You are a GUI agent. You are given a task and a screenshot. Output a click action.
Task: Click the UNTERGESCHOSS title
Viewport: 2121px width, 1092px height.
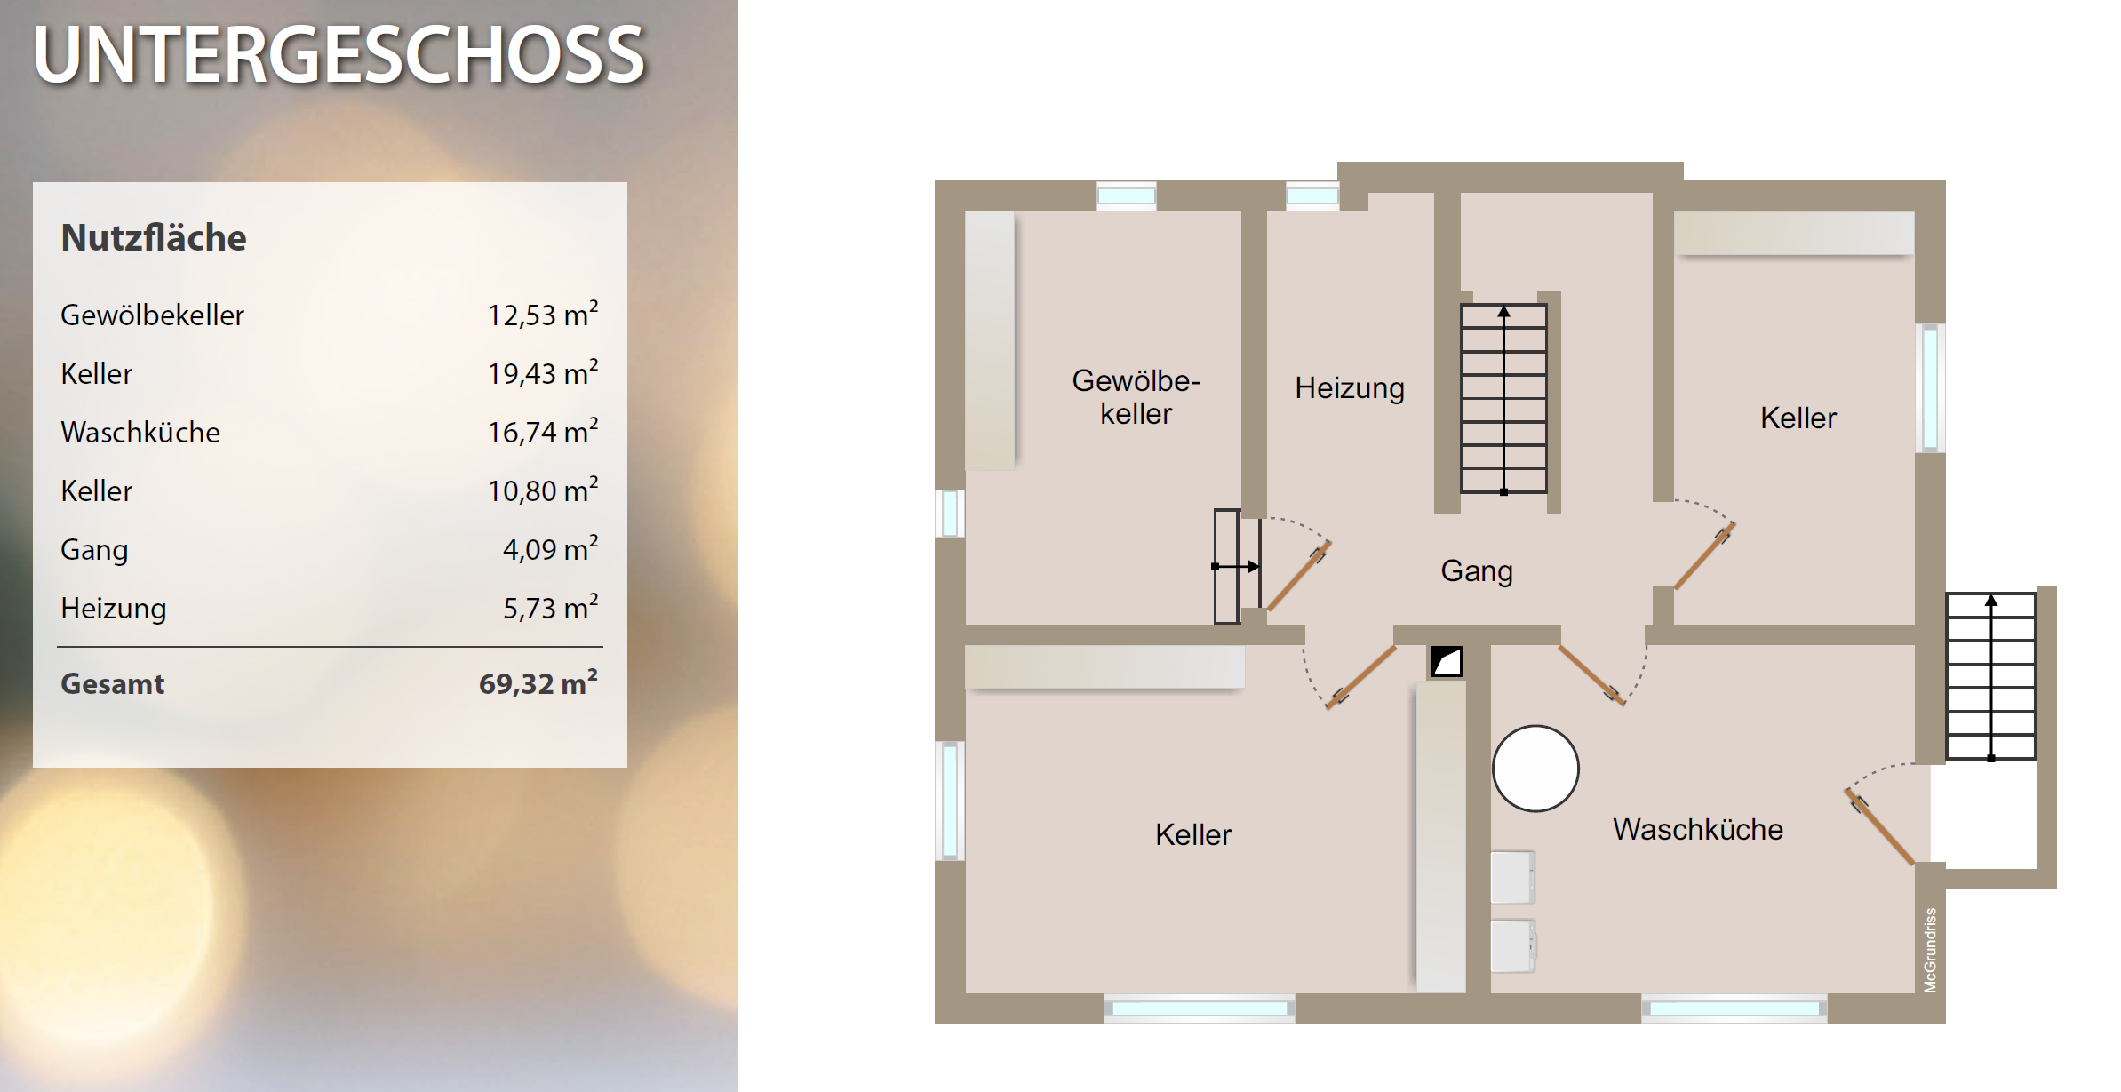(339, 55)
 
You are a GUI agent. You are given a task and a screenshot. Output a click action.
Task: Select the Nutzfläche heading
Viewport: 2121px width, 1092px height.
(154, 238)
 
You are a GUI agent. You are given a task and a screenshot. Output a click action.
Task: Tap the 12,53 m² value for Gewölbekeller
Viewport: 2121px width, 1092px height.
(543, 315)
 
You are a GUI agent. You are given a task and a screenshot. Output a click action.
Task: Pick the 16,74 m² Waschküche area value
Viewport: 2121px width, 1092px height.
(543, 432)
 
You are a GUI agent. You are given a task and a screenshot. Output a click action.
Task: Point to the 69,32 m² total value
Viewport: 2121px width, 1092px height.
(538, 683)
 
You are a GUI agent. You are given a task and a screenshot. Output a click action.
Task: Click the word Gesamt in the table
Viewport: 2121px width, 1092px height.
(113, 684)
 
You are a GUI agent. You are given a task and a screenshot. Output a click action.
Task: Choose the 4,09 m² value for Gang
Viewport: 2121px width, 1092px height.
(551, 549)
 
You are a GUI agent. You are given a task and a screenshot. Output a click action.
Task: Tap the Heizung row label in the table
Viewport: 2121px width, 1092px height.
(114, 609)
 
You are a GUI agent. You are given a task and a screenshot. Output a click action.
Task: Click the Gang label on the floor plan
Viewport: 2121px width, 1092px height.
(1477, 571)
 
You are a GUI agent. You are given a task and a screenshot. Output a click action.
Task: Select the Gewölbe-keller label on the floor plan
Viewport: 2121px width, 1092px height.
(1136, 397)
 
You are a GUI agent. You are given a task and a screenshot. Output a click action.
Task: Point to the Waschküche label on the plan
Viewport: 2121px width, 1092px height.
(1698, 829)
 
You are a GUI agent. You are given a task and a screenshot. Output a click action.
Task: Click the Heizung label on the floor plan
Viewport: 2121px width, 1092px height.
(1350, 388)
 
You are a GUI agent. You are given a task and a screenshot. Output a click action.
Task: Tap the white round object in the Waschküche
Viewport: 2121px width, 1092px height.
(1535, 769)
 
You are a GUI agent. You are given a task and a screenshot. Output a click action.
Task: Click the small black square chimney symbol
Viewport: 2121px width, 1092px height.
(1447, 661)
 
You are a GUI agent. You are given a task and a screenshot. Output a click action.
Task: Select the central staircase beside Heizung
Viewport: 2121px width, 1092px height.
(1503, 398)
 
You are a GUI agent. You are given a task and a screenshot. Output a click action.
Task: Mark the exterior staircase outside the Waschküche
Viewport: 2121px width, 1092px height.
(1991, 676)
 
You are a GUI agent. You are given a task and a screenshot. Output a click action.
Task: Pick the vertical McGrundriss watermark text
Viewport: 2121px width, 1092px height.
(1930, 950)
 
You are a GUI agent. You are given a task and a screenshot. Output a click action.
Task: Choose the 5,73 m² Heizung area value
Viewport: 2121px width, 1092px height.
(551, 608)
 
